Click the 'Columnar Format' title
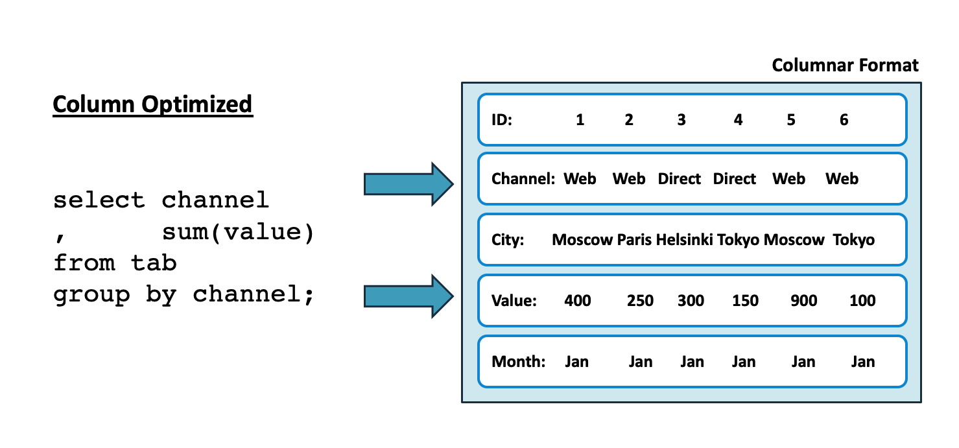[x=845, y=65]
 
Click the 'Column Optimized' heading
[x=152, y=104]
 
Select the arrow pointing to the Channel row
[x=408, y=184]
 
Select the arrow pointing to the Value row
[x=408, y=296]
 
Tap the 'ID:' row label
[x=502, y=120]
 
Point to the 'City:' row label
[x=507, y=240]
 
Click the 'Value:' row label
[x=514, y=301]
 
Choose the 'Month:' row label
[x=518, y=362]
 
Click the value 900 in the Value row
[x=804, y=301]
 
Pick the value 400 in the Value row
[x=577, y=301]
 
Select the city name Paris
[x=634, y=240]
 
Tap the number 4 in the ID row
[x=738, y=120]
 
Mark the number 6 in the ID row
[x=844, y=120]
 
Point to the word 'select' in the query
[x=99, y=200]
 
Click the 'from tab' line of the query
[x=115, y=263]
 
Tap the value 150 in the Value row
[x=745, y=301]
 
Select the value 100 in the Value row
[x=862, y=301]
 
